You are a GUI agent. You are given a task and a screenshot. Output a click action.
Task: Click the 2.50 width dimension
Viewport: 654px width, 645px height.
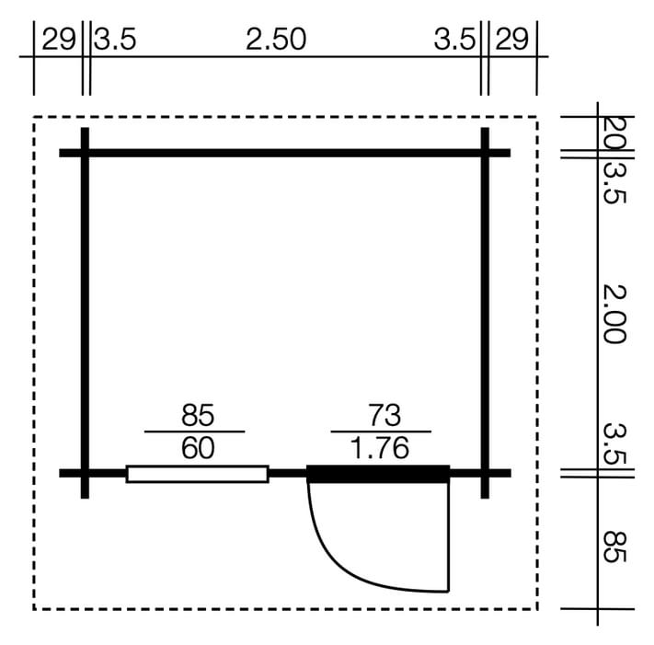coord(276,40)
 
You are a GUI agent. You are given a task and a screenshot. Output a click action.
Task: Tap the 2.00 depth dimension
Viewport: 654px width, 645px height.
coord(614,314)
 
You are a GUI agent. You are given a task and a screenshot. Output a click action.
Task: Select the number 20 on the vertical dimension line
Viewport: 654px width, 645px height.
coord(614,132)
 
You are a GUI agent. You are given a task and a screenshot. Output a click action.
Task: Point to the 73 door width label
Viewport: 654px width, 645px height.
coord(384,415)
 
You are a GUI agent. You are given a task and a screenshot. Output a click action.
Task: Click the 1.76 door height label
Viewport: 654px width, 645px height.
coord(381,448)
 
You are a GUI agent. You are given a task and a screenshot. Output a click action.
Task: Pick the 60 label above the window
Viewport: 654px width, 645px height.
coord(198,448)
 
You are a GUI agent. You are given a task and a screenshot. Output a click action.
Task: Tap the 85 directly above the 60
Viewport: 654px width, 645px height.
coord(198,415)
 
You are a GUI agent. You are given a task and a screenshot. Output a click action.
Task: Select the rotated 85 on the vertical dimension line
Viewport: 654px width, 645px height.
coord(614,547)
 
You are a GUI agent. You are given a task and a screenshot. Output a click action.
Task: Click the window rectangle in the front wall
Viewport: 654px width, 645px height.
coord(197,474)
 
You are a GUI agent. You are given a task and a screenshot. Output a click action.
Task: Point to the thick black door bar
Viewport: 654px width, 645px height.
coord(378,474)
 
